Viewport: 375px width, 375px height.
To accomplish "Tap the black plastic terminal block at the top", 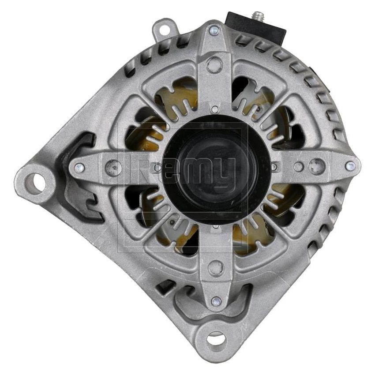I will pos(254,26).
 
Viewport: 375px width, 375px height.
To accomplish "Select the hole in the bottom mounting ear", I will pos(216,339).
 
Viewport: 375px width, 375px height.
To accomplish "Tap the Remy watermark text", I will pos(185,170).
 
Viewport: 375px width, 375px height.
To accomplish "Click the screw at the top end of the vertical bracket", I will pos(214,30).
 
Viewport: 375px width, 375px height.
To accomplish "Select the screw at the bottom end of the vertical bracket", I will pos(215,301).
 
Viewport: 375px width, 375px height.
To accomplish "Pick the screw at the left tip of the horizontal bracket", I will pos(80,167).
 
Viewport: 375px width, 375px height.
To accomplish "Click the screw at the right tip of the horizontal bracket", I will pos(350,166).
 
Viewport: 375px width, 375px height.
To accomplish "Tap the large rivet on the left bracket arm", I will pos(114,167).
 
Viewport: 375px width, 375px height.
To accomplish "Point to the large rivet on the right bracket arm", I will pos(316,166).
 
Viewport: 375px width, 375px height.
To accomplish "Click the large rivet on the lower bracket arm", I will pos(216,267).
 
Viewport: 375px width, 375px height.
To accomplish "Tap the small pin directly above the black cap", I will pos(215,109).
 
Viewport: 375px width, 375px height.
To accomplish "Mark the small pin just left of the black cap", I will pos(157,168).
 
